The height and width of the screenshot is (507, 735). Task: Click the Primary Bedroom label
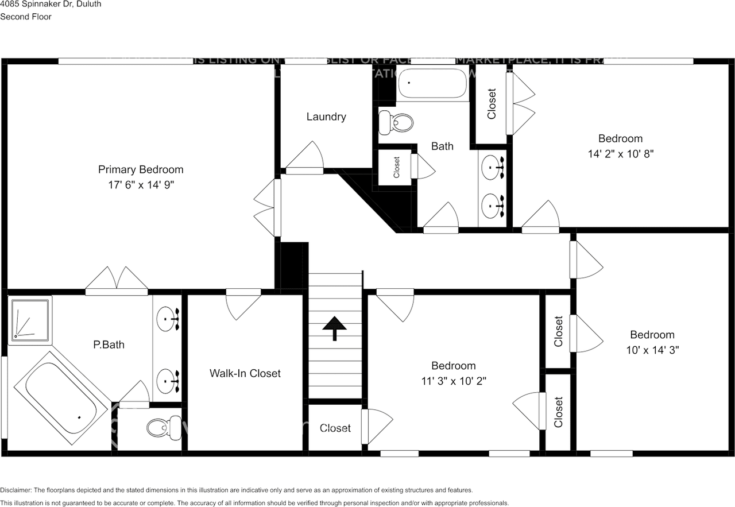[141, 169]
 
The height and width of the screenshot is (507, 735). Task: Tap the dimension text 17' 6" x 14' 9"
[141, 185]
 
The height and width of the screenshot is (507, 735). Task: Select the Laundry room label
[326, 117]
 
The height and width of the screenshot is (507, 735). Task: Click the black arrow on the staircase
[335, 328]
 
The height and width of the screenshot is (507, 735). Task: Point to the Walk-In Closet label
[245, 373]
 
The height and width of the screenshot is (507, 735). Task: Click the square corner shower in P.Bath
[30, 319]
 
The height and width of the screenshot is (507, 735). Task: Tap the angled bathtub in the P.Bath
[61, 397]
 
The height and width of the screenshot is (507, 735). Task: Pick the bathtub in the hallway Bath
[432, 84]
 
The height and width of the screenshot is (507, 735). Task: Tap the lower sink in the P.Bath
[168, 380]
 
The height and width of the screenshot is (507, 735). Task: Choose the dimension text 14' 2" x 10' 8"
[620, 154]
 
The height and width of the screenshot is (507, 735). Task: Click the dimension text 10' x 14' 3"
[652, 350]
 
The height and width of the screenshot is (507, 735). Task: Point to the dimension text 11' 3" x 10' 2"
[454, 381]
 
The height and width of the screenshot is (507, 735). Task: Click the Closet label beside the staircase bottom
[335, 428]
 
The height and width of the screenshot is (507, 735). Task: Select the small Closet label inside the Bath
[396, 167]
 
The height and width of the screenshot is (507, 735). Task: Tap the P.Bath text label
[109, 345]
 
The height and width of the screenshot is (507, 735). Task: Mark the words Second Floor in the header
[26, 17]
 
